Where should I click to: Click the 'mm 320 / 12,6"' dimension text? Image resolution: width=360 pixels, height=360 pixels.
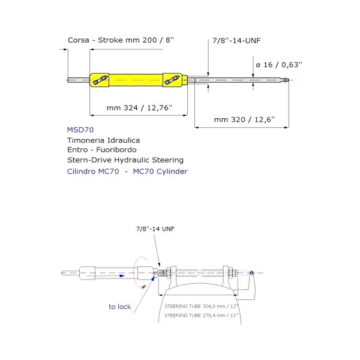244,119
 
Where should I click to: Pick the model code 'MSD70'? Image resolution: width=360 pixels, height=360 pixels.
81,129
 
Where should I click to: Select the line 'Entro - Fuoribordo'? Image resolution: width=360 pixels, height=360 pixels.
103,149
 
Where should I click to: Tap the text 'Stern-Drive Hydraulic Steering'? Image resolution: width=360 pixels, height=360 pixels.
125,160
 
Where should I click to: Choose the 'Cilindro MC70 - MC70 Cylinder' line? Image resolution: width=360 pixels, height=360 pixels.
128,172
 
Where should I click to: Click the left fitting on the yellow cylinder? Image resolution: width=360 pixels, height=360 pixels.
100,80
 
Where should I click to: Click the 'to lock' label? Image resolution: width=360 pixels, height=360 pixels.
119,307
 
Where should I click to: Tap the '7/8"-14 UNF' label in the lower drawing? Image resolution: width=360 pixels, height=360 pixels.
155,229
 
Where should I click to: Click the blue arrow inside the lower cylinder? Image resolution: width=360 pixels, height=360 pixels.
121,276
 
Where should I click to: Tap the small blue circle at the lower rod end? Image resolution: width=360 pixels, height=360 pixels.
251,274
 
